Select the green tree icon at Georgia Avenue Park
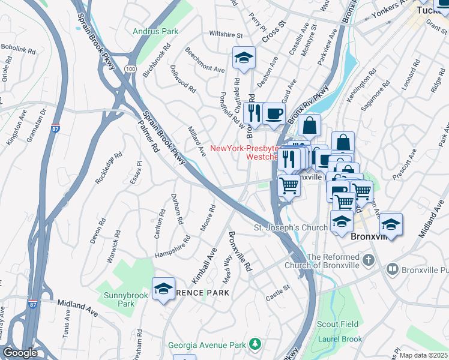pos(256,343)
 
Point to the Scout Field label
pos(338,324)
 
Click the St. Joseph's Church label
pos(290,227)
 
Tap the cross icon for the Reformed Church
pos(369,260)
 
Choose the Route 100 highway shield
pos(130,70)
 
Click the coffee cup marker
pos(274,113)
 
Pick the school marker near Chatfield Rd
pos(244,58)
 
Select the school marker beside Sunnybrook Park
pos(163,289)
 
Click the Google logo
pos(20,352)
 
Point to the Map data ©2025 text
pos(423,355)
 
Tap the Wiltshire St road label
pos(225,34)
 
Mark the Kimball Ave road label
pos(203,265)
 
